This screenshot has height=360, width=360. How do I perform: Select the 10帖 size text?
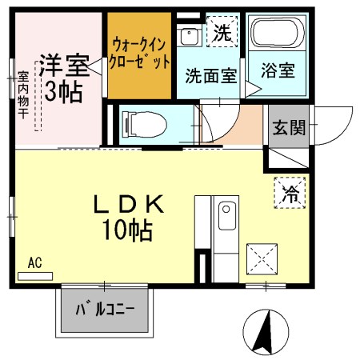pos(128,232)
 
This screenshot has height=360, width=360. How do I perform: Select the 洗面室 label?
pos(211,76)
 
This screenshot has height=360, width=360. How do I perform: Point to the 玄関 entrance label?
pos(288,129)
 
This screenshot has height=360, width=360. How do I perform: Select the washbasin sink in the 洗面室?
pos(190,37)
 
